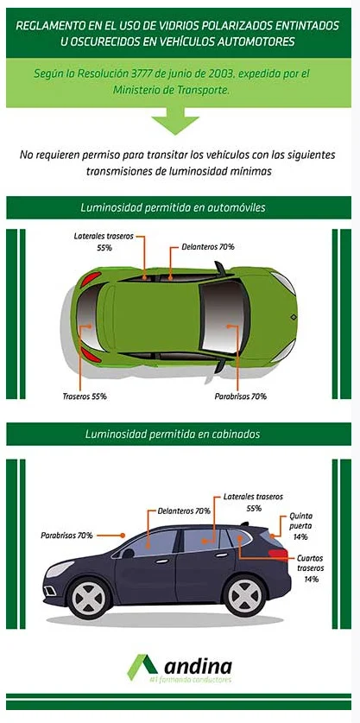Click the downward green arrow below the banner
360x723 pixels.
[175, 121]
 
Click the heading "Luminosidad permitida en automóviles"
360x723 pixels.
[173, 207]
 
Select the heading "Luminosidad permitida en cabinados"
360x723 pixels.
[173, 434]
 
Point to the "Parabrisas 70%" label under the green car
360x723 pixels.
[241, 396]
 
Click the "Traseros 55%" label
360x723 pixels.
[85, 396]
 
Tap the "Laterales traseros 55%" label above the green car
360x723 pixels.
[104, 242]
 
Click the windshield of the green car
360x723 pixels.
[224, 317]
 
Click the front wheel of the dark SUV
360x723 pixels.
[90, 597]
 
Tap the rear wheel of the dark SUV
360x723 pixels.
[245, 595]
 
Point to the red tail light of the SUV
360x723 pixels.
[278, 554]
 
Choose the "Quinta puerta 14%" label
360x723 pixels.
[300, 526]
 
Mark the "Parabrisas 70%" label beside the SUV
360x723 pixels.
[66, 536]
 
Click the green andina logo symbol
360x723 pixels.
[143, 666]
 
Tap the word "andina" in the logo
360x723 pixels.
[199, 666]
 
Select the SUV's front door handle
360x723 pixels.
[161, 561]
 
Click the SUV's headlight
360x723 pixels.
[59, 569]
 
